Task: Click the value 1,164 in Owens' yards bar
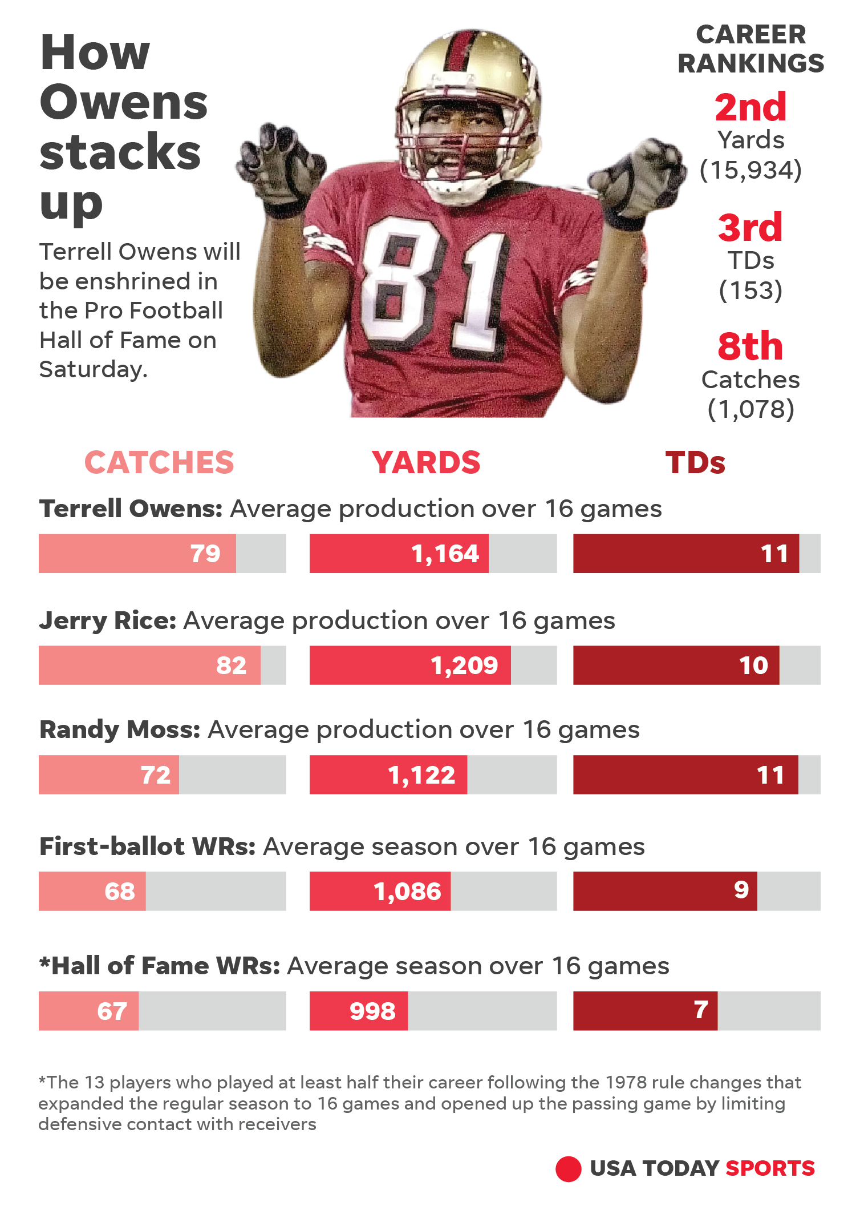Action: (x=445, y=554)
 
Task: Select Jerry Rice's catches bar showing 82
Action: (x=149, y=665)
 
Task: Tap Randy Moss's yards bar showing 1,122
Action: (x=388, y=775)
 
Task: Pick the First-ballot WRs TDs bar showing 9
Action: (x=665, y=891)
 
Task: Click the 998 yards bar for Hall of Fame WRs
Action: (x=359, y=1011)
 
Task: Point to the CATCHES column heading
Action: (x=159, y=462)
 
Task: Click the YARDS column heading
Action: (x=426, y=462)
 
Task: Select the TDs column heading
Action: (x=695, y=462)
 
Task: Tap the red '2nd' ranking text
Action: (x=750, y=107)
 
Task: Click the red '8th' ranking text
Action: (x=750, y=346)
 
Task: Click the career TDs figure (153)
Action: (x=750, y=291)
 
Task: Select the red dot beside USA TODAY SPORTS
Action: (x=568, y=1169)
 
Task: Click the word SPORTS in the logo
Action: (x=770, y=1168)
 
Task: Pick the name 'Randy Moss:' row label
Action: (x=120, y=729)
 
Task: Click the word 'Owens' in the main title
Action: (x=124, y=103)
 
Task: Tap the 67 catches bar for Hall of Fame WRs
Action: (x=89, y=1011)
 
